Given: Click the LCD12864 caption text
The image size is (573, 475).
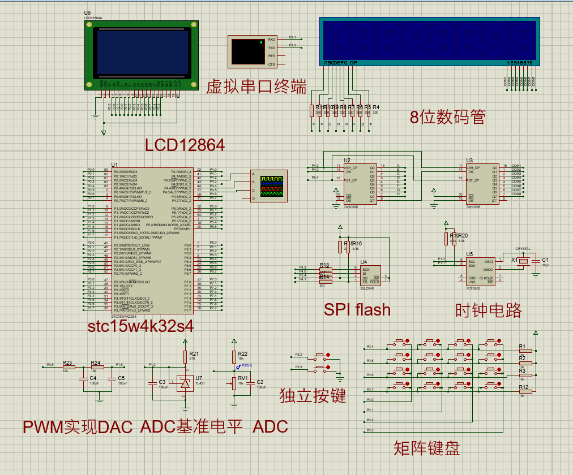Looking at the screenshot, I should coord(185,145).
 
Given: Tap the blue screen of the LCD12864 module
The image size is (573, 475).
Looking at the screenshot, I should coord(142,50).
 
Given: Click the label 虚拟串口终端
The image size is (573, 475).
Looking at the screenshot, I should coord(256,87).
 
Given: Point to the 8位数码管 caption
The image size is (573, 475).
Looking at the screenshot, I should coord(448,116).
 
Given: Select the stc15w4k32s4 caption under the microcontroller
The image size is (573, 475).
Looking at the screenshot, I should coord(140,326).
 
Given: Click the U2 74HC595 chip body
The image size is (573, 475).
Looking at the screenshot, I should coord(361,184).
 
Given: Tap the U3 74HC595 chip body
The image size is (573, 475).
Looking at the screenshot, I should coord(482,184).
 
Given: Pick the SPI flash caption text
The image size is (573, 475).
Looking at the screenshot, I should coord(357,309).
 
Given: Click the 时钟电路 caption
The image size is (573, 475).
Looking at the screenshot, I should coord(488,309).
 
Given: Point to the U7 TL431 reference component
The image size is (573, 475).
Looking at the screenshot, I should coord(185,383).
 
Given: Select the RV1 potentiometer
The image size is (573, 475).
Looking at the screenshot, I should coord(234,383).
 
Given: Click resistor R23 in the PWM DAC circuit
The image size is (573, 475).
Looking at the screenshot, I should coord(67,367).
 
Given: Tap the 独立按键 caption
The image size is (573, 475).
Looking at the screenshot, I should coord(313,396).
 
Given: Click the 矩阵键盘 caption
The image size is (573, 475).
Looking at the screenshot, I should coord(427,448).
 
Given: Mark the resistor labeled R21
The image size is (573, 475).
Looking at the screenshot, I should coord(185,357).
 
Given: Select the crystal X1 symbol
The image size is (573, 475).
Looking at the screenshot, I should coord(524,261).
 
